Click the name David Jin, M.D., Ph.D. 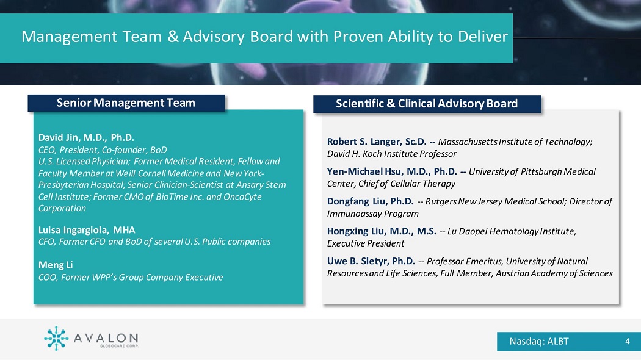86,138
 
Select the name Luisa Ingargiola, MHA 87,230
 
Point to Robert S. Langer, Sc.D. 377,142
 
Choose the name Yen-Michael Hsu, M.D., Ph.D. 392,171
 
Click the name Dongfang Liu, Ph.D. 370,201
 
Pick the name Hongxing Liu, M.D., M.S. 382,231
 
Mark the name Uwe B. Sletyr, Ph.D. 371,261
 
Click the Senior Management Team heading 126,103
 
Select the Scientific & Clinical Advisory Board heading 427,103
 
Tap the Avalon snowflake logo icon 56,339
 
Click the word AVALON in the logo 106,338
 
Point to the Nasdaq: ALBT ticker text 539,341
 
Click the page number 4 628,341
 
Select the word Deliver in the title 483,37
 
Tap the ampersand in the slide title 173,37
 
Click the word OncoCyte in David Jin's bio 242,196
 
